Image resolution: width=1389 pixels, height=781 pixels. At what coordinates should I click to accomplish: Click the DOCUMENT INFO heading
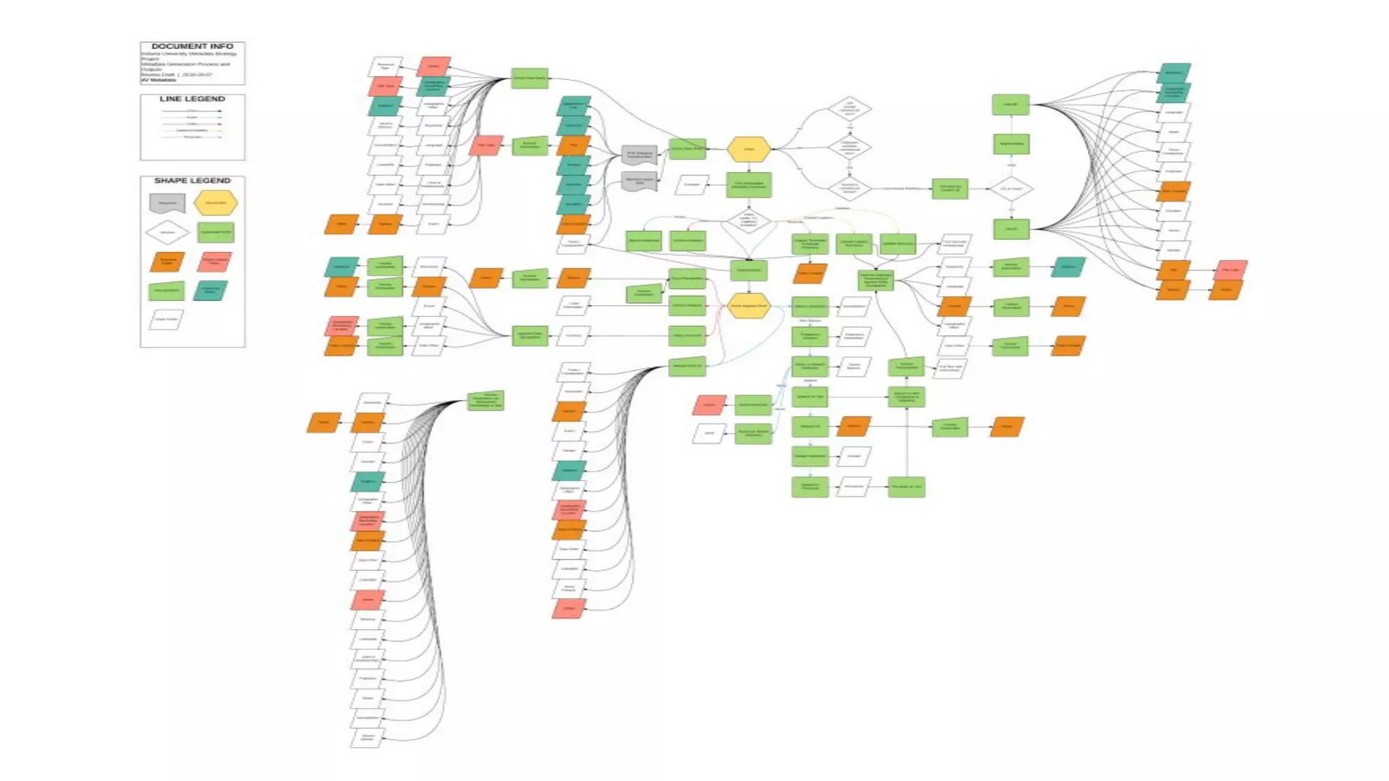[x=192, y=46]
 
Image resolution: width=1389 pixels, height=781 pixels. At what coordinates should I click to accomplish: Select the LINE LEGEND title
[x=192, y=99]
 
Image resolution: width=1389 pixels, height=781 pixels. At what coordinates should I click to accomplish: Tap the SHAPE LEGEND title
[x=192, y=180]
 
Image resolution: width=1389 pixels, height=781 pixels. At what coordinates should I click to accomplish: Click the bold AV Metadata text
[x=159, y=80]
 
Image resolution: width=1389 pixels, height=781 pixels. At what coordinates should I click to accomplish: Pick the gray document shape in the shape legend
[x=167, y=203]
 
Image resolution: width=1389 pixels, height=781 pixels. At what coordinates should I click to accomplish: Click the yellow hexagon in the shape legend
[x=216, y=203]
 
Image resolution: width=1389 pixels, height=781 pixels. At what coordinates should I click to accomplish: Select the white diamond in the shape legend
[x=167, y=233]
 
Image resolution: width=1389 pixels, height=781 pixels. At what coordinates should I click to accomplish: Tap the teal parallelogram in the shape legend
[x=210, y=291]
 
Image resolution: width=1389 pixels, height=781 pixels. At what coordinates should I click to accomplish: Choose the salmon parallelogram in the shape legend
[x=214, y=262]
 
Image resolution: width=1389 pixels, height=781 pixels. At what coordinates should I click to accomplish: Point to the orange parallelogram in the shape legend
[x=167, y=262]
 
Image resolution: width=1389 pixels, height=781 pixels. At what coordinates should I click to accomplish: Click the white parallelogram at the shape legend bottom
[x=166, y=319]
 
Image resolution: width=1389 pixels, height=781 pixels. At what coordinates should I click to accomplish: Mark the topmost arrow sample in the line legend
[x=192, y=111]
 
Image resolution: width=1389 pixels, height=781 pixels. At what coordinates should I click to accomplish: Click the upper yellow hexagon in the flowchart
[x=749, y=149]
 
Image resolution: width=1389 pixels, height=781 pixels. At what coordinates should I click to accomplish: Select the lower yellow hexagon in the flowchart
[x=749, y=306]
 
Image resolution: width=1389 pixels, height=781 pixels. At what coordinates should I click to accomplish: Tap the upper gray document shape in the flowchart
[x=639, y=155]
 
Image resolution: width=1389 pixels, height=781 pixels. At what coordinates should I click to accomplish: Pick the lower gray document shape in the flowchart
[x=639, y=181]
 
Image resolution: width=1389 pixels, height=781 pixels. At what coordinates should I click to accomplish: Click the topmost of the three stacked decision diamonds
[x=849, y=108]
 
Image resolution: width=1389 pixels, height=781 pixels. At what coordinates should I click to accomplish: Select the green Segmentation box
[x=1011, y=144]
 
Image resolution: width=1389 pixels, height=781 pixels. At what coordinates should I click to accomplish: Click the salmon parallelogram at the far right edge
[x=1230, y=270]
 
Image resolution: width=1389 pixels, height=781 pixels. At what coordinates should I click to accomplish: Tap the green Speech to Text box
[x=810, y=397]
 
